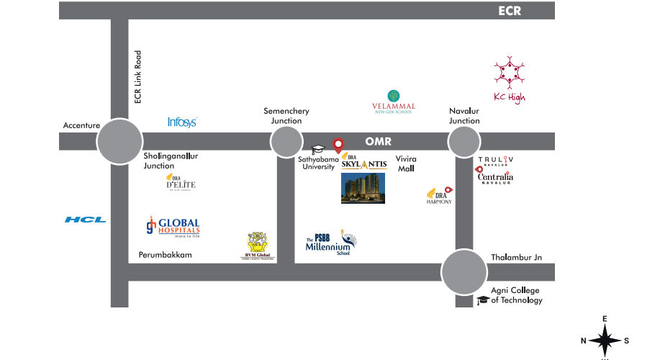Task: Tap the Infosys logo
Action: point(182,122)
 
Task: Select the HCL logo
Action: point(85,220)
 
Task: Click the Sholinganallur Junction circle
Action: point(119,142)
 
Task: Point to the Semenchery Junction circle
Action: point(286,142)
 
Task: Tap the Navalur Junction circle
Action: point(464,142)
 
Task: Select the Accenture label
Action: point(81,125)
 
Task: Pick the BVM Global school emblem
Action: point(261,246)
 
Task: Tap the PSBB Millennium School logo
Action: point(330,244)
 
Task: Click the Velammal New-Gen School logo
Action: point(393,100)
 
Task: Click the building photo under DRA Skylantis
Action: point(363,188)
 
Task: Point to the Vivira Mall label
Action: point(406,163)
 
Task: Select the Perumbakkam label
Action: point(165,256)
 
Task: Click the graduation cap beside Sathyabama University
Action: point(318,150)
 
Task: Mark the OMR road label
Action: point(378,142)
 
